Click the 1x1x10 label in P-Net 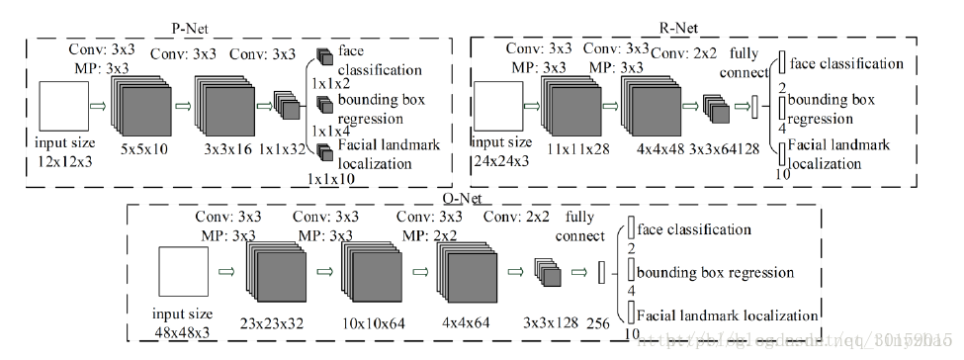coord(330,179)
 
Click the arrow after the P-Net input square coord(98,102)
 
